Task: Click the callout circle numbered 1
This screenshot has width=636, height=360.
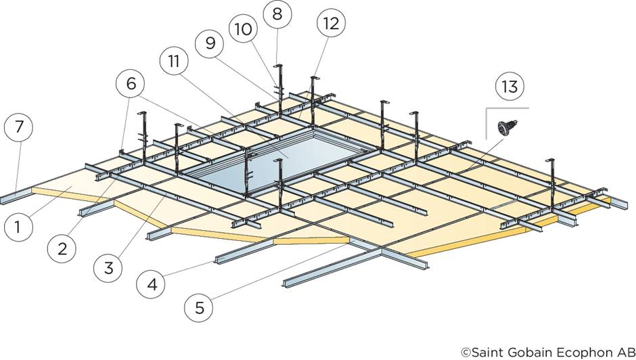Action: (18, 227)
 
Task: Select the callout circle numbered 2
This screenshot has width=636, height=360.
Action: (62, 248)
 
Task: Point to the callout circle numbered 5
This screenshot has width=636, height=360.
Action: (198, 308)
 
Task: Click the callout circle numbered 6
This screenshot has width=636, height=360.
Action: (130, 84)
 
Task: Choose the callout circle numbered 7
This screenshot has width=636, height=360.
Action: (18, 127)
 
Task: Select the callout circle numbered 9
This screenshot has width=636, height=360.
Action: (210, 43)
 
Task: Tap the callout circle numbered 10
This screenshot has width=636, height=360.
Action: (243, 29)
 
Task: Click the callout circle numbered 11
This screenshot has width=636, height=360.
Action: (174, 62)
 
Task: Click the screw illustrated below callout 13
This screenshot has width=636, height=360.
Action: (504, 127)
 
